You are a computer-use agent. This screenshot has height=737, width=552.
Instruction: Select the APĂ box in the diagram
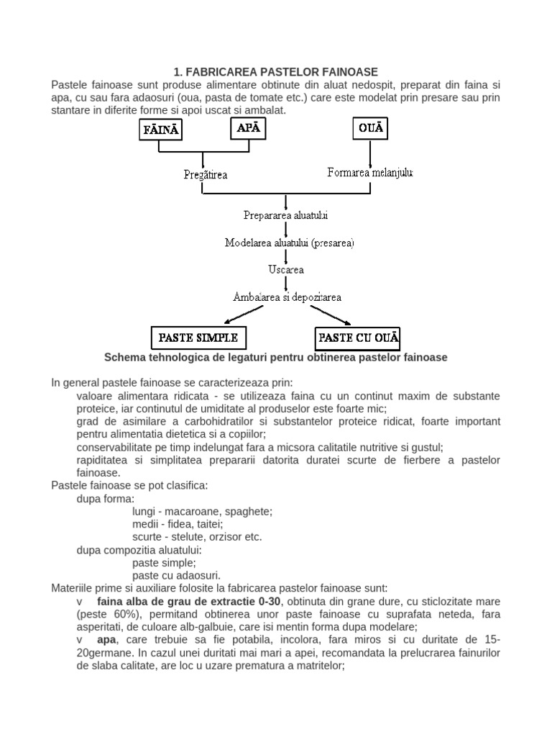249,130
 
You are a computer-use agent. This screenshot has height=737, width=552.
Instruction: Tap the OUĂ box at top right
370,130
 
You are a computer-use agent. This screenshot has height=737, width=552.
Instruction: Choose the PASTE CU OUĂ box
359,337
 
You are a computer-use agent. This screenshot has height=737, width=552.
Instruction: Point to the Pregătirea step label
205,174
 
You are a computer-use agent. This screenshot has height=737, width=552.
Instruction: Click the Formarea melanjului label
369,173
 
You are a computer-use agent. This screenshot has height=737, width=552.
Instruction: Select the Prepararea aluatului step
286,215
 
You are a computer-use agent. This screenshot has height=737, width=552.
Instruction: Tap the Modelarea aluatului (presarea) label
290,243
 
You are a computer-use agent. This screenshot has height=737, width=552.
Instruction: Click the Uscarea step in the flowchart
286,270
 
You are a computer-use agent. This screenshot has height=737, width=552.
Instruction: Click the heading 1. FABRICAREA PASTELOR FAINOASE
275,71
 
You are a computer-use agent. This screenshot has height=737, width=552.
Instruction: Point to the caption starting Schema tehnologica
275,357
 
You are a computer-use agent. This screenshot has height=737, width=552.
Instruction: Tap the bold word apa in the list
107,639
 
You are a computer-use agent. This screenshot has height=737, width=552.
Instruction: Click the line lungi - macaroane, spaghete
203,511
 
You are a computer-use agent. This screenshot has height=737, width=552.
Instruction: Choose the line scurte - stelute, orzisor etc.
197,537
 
